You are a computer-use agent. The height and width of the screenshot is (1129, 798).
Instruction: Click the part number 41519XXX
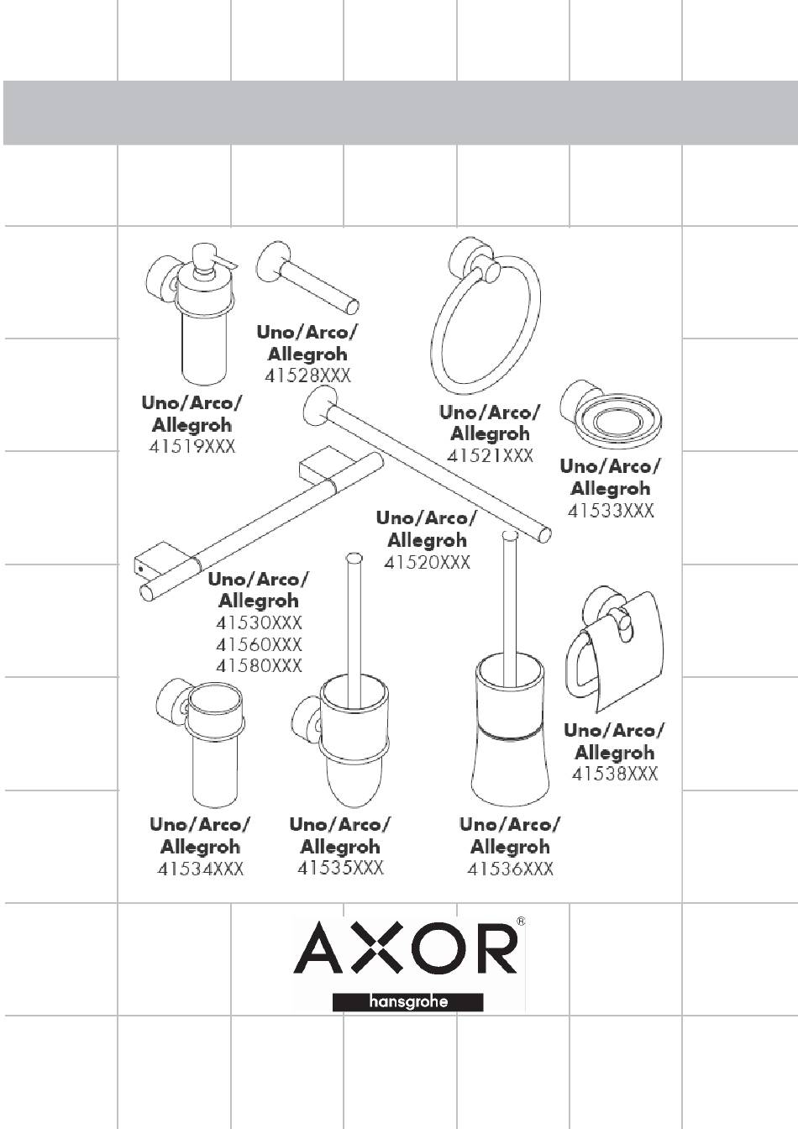click(x=192, y=448)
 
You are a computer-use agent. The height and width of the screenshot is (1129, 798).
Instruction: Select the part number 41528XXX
click(x=307, y=376)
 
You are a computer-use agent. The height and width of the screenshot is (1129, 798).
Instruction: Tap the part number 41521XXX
click(x=491, y=456)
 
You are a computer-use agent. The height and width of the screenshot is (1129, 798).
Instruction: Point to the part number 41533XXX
click(x=611, y=510)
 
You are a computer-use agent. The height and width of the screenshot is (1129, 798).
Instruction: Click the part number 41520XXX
click(x=427, y=562)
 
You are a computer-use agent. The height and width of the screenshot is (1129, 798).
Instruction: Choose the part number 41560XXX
click(x=259, y=644)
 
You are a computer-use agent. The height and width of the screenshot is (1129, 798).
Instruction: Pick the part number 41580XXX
click(x=259, y=665)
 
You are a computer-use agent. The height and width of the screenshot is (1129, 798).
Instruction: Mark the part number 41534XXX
click(x=201, y=869)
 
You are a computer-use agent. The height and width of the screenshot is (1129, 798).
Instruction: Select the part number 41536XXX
click(x=510, y=869)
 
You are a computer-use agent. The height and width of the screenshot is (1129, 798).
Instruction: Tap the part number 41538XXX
click(x=615, y=774)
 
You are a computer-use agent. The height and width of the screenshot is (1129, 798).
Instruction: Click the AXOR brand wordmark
click(x=405, y=948)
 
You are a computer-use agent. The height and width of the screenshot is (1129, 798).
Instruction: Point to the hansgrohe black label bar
click(x=408, y=1002)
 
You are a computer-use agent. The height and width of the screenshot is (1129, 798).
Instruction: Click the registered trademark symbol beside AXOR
click(x=521, y=922)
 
